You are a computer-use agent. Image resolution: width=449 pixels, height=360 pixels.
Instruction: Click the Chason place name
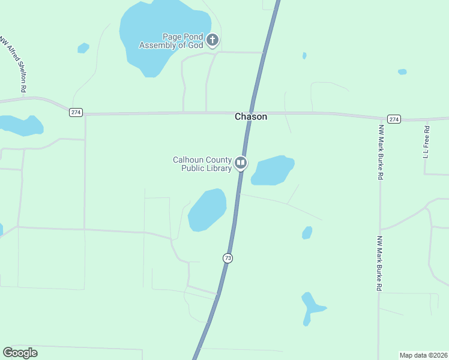coord(251,117)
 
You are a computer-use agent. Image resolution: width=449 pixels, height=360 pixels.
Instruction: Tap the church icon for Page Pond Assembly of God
coord(212,41)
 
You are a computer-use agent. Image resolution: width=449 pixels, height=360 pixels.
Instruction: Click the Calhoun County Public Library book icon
coord(240,163)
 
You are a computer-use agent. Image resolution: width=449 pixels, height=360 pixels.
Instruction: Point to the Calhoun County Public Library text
coord(202,164)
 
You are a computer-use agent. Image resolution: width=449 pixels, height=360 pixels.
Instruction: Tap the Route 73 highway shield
coord(228,258)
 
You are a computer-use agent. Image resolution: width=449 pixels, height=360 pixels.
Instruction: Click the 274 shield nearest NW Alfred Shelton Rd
coord(76,112)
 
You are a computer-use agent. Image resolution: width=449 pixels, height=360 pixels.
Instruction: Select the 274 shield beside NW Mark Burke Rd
coord(393,119)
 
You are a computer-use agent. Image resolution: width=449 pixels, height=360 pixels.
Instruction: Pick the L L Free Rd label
coord(427,142)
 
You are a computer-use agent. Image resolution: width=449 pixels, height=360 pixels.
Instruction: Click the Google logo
coord(20,353)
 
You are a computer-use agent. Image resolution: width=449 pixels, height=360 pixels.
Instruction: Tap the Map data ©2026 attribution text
coord(423,355)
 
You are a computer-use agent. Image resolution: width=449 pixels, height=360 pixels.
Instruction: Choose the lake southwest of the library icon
coord(207,209)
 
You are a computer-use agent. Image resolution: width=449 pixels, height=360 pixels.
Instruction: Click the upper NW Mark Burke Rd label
coord(380,152)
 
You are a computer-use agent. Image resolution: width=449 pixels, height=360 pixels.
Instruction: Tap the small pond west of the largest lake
coord(83,48)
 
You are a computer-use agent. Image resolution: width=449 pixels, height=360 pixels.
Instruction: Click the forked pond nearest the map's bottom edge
coord(310,307)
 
